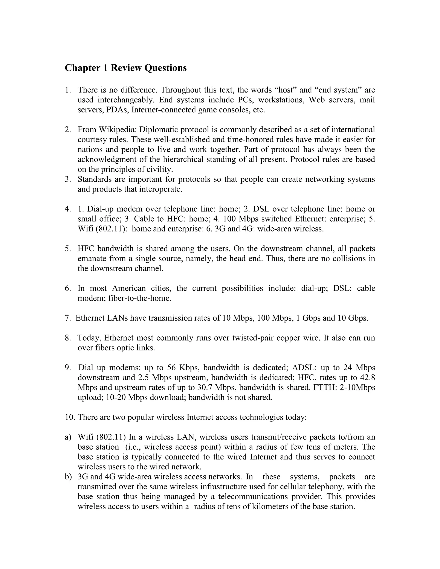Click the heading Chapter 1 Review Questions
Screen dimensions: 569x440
click(126, 68)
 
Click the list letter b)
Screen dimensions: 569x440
click(68, 476)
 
